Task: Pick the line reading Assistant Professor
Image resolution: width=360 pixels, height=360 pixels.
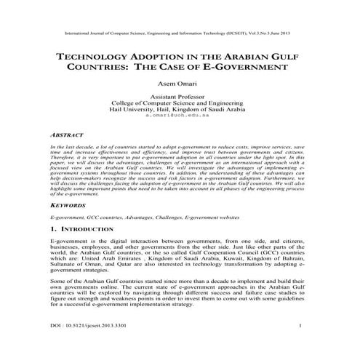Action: click(179, 97)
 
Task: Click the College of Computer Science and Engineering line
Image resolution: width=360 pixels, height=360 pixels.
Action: click(179, 103)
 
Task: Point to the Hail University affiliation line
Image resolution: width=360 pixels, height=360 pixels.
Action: click(179, 110)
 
